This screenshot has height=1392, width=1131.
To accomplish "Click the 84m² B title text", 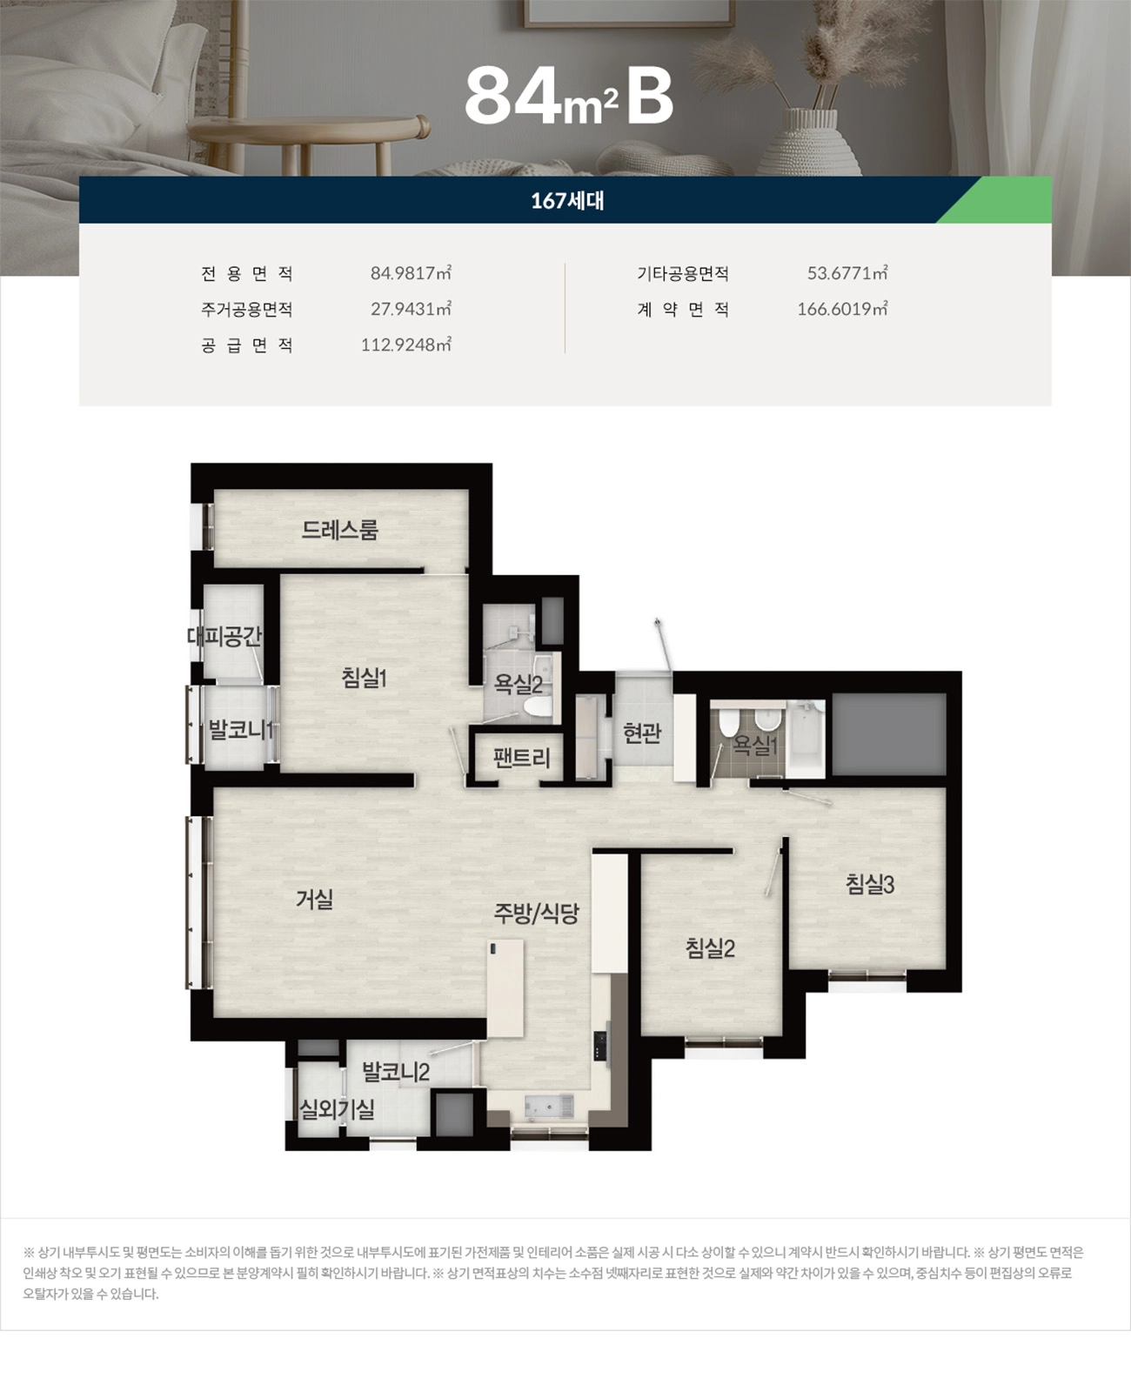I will (569, 96).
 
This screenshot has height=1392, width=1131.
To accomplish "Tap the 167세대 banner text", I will (567, 201).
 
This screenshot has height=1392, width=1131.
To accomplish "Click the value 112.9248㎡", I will (405, 345).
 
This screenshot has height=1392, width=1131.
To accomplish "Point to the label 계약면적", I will (683, 310).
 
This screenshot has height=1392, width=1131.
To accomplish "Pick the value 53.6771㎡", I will (847, 273).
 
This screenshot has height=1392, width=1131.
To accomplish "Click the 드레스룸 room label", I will (340, 530).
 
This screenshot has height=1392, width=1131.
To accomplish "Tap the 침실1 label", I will (364, 678).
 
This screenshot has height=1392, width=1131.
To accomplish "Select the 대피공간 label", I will (224, 637).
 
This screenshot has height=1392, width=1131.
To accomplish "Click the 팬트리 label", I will (521, 758).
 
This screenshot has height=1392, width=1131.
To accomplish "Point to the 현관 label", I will (642, 733).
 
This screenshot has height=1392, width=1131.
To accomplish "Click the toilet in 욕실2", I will (539, 706).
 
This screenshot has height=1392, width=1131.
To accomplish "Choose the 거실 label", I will (314, 900).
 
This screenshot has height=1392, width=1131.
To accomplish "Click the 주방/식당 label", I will (536, 913).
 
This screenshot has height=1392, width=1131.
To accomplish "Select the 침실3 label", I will (869, 885).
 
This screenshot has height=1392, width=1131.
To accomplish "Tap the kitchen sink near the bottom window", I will (549, 1106).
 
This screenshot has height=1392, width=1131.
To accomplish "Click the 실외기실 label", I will (337, 1109).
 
